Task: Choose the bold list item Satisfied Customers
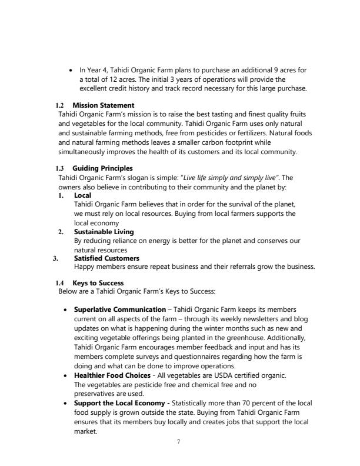tap(106, 258)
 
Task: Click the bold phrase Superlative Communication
tap(119, 309)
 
